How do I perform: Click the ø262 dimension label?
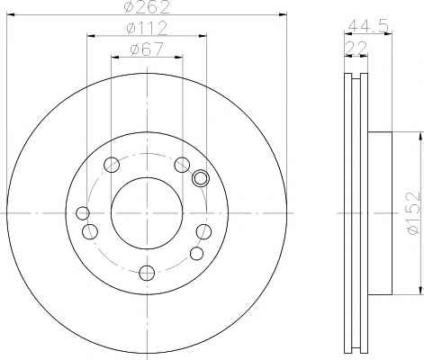[x=147, y=7]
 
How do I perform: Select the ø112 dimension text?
[x=147, y=29]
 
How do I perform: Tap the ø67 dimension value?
[x=147, y=49]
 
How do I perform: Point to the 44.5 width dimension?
[x=368, y=26]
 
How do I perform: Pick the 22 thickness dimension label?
[x=356, y=48]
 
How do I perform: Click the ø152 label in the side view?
[x=413, y=213]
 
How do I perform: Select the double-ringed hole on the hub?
[x=201, y=178]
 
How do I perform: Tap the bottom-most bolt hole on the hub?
[x=147, y=273]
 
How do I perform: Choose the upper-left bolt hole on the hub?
[x=112, y=165]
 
